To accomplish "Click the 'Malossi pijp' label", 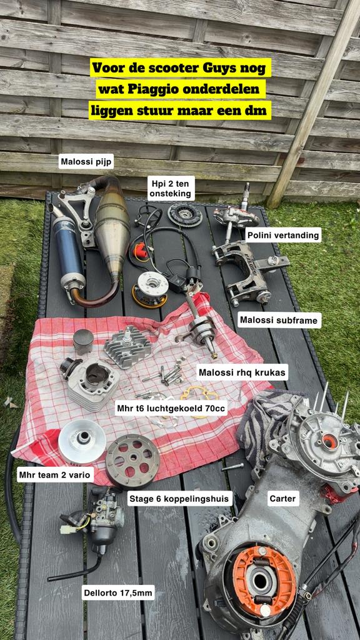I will click(x=87, y=161).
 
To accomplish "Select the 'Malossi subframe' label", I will click(x=279, y=321).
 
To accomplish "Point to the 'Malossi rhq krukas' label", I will click(x=242, y=372).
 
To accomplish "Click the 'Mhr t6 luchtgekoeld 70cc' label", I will click(x=171, y=408).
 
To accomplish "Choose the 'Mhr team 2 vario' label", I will click(x=55, y=474).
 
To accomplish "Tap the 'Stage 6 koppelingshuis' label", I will click(x=180, y=498).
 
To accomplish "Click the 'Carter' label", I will click(x=282, y=498).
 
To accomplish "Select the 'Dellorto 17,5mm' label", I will click(x=118, y=592).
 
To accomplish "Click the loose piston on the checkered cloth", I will click(x=83, y=341).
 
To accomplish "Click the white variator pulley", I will click(x=82, y=441).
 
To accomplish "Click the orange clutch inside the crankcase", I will click(x=263, y=579).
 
